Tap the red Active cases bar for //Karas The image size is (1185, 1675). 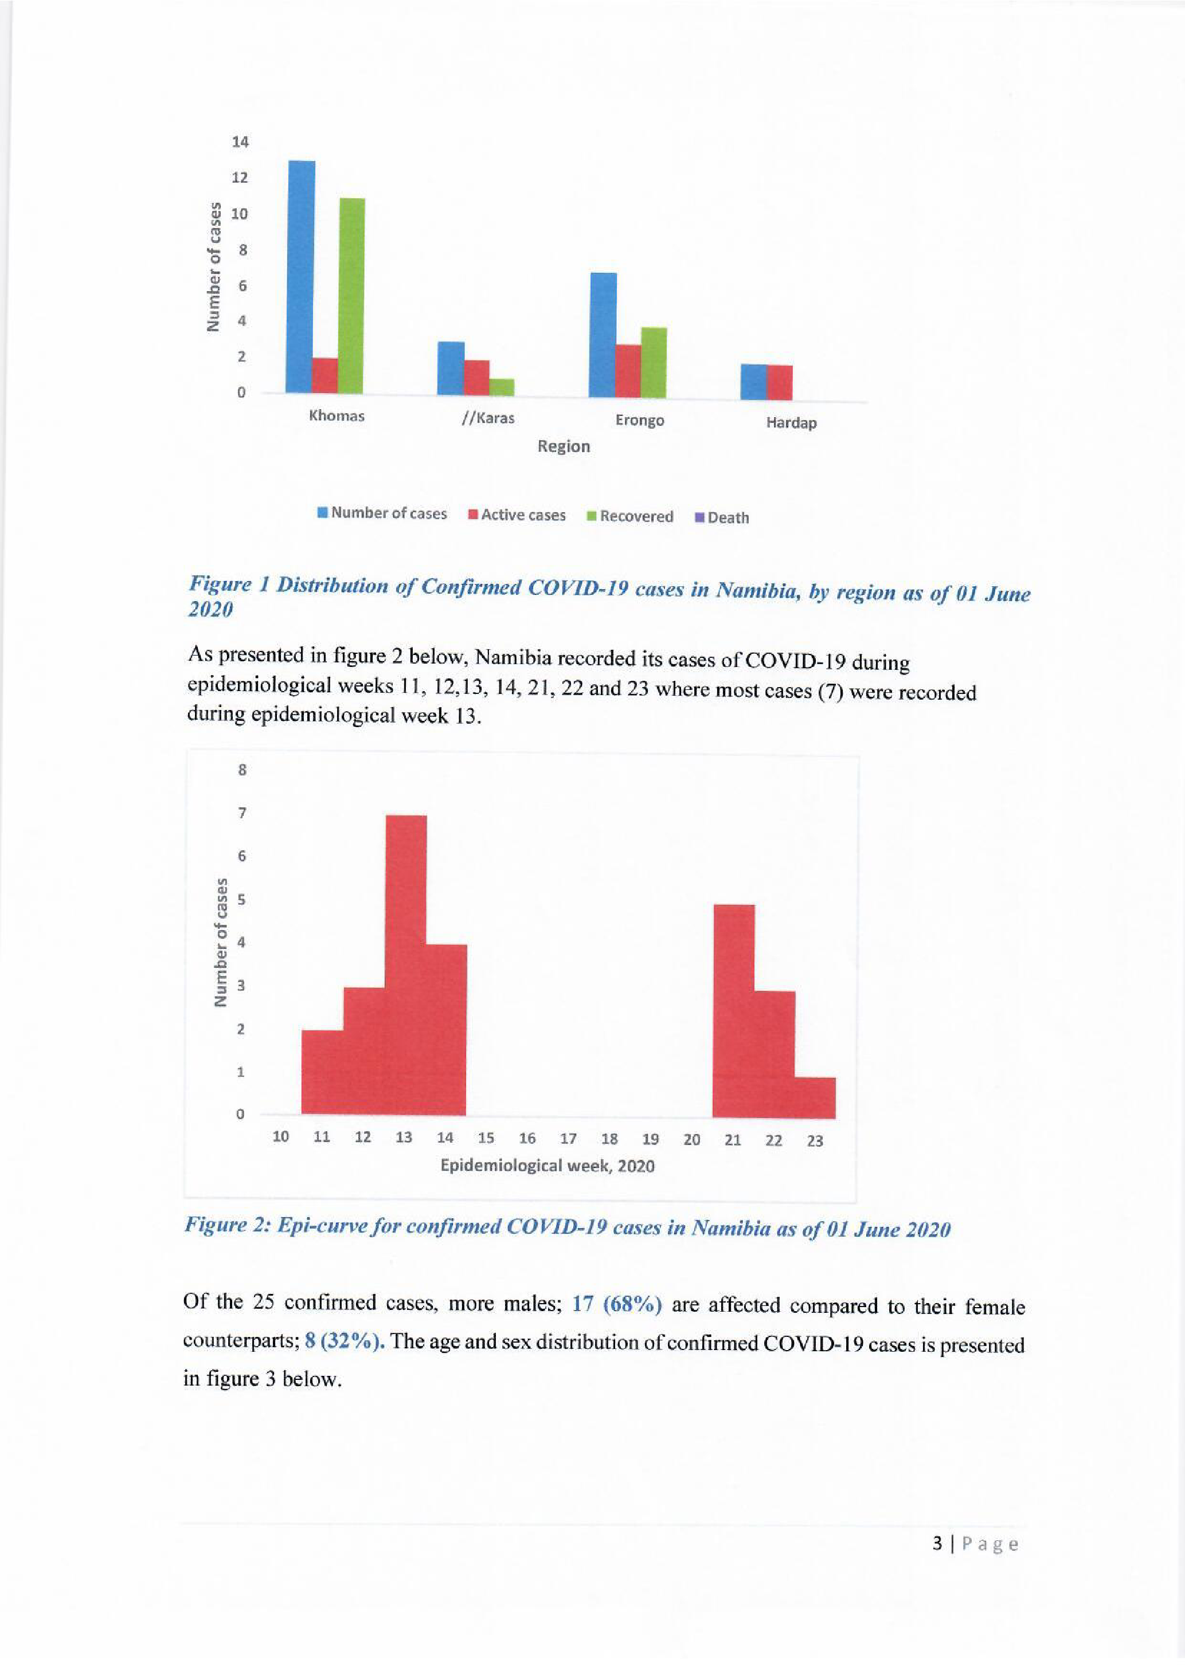[x=476, y=377]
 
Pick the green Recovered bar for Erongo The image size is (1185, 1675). [x=653, y=363]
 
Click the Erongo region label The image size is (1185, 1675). [x=639, y=420]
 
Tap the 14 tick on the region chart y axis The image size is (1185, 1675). [x=240, y=142]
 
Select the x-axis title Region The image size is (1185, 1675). [x=564, y=446]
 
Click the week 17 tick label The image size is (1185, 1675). [x=568, y=1139]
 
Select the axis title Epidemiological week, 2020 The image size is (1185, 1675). [x=546, y=1165]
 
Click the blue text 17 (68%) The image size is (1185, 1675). [x=617, y=1304]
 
